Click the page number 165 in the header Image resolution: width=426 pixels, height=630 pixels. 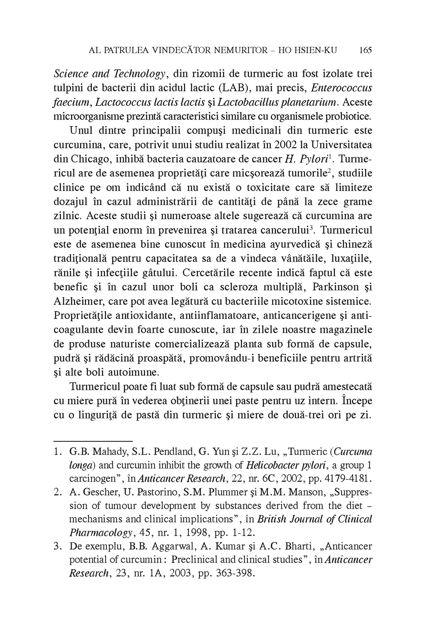coord(365,51)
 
